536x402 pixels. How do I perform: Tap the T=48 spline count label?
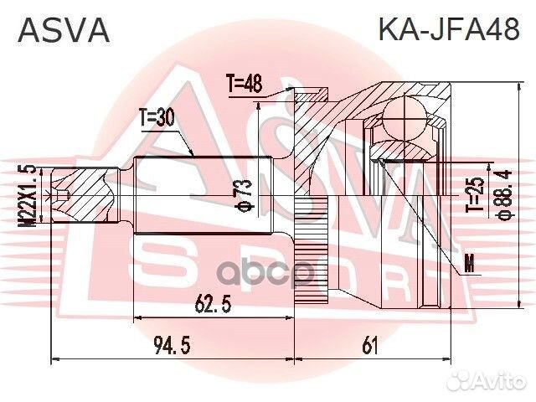click(x=245, y=84)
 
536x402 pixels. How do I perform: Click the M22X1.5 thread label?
click(x=31, y=195)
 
